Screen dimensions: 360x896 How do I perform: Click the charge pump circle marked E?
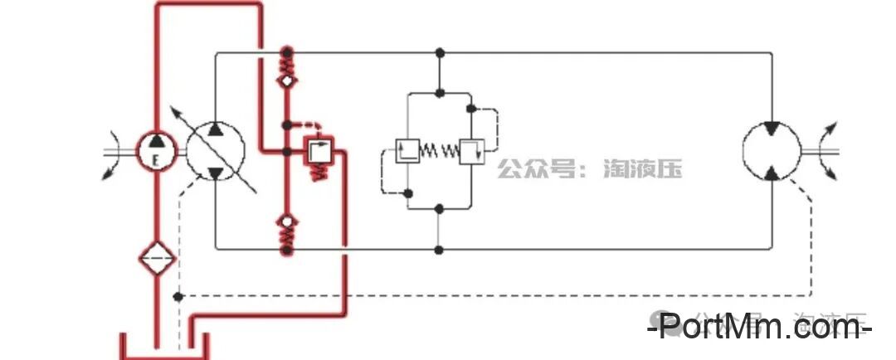coord(156,151)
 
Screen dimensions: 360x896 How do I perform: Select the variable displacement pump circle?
coord(214,150)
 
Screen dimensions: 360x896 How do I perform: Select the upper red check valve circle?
coord(287,81)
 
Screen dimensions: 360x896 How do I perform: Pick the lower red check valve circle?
coord(287,221)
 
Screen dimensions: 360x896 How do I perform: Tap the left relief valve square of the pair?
coord(407,151)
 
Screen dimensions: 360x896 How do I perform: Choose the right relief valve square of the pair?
coord(470,151)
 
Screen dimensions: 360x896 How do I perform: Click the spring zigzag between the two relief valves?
coord(439,151)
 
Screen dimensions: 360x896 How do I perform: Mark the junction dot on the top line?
coord(440,53)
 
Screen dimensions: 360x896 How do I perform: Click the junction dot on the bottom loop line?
coord(440,249)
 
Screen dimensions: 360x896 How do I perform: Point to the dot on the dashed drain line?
coord(178,296)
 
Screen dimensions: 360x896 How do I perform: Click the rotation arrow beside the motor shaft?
coord(830,151)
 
